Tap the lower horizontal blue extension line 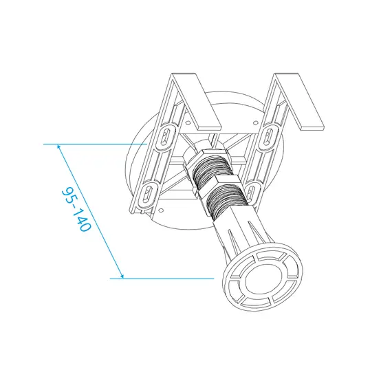coord(165,279)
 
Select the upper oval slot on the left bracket coord(165,138)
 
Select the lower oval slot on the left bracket coord(147,195)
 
